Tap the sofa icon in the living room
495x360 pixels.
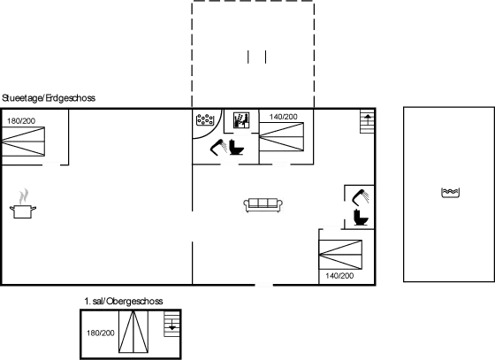tap(263, 205)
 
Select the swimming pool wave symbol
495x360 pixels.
tap(450, 193)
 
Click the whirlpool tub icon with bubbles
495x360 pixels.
tap(205, 119)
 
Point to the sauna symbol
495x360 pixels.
tap(241, 120)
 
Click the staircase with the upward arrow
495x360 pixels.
tap(368, 121)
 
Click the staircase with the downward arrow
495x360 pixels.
tap(172, 324)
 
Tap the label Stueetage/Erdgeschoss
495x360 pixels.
tap(49, 98)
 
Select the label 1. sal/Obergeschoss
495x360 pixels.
tap(124, 302)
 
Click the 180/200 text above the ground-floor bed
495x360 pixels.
tap(21, 121)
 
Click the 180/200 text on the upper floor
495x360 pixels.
tap(101, 333)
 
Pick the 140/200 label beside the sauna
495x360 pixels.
tap(283, 117)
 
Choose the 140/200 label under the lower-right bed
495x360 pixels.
tap(339, 276)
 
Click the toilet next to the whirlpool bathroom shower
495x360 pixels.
tap(237, 147)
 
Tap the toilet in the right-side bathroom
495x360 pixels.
tap(361, 218)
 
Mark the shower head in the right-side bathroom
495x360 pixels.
tap(361, 196)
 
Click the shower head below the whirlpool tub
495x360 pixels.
tap(218, 147)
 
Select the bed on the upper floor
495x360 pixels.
tap(133, 332)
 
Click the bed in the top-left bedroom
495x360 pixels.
tap(23, 142)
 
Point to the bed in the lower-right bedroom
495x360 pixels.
tap(340, 255)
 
